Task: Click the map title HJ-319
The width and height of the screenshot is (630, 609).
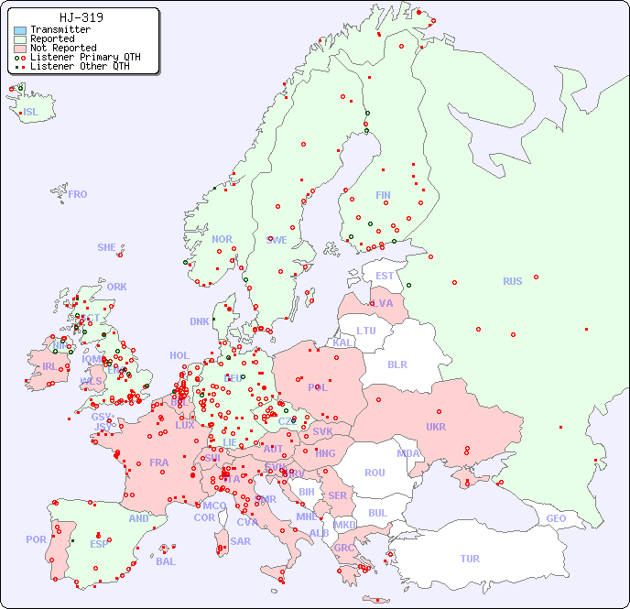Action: pos(81,17)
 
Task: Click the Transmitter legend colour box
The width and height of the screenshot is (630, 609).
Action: pos(20,30)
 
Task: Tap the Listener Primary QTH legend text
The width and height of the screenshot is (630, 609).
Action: pos(85,57)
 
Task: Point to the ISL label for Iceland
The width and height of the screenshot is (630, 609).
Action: pos(30,113)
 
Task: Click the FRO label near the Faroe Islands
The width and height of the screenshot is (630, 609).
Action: pos(78,194)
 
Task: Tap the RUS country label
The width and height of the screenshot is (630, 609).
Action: pos(512,281)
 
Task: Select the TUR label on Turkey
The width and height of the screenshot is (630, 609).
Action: pos(470,559)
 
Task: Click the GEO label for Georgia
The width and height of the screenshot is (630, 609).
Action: pos(556,518)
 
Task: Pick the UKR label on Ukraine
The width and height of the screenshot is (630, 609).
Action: pos(436,427)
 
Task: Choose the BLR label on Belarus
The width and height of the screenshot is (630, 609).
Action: pos(396,364)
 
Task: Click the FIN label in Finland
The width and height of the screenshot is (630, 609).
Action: pos(383,195)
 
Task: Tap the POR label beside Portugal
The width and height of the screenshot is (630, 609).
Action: pos(36,539)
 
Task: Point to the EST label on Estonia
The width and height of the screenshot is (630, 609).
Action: pos(385,276)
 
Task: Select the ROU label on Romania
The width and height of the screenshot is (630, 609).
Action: pos(375,473)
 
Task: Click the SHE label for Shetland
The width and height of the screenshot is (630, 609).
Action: pos(106,247)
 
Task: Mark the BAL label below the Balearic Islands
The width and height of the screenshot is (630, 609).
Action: pos(165,561)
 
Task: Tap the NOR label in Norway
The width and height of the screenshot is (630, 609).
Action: pos(222,239)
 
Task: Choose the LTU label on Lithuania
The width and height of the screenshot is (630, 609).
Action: pos(366,331)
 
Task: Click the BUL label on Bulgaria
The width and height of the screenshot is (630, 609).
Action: pos(377,513)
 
